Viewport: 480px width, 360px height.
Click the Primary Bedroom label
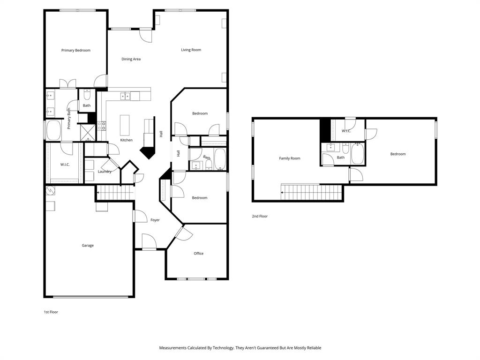(x=76, y=50)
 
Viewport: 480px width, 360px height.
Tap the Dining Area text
(x=131, y=59)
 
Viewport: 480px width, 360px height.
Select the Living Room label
(x=191, y=50)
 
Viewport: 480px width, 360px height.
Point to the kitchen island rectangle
(x=125, y=125)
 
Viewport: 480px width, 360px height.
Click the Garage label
(x=88, y=246)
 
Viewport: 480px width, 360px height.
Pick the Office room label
(x=199, y=254)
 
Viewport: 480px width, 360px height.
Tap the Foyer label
(x=155, y=220)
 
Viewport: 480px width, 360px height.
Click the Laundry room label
(x=105, y=172)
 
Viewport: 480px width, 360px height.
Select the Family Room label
(x=290, y=158)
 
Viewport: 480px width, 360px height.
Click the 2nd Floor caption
(x=260, y=216)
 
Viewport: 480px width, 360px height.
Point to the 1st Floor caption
(x=51, y=312)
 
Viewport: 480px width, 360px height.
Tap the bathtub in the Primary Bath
(x=54, y=130)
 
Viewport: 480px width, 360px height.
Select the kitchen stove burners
(x=102, y=126)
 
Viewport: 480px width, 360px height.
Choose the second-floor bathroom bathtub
(x=357, y=154)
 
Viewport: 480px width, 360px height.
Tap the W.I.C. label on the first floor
(x=65, y=165)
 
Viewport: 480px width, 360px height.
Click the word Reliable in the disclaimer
(x=314, y=348)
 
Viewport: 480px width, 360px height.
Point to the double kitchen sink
(x=125, y=96)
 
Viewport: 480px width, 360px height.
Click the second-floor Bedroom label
(x=398, y=154)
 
